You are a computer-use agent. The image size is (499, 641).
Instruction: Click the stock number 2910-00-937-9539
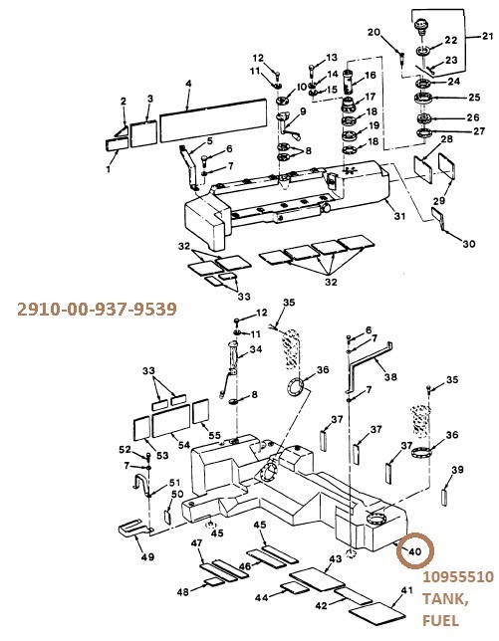pos(97,309)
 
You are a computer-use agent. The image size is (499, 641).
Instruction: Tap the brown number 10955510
pos(458,577)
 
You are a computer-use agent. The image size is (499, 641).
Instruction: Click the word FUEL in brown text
pos(440,620)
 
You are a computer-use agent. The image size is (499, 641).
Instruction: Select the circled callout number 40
pos(414,551)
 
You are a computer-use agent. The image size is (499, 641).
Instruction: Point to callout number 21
pos(488,37)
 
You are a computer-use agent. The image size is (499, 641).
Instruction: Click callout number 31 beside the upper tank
pos(399,215)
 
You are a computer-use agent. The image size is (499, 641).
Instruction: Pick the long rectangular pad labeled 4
pos(213,120)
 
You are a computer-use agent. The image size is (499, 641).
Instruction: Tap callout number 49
pos(147,556)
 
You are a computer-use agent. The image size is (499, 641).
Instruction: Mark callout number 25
pos(474,98)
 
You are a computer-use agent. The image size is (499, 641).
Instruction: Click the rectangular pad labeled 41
pos(376,613)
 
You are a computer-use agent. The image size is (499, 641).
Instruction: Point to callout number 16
pos(370,76)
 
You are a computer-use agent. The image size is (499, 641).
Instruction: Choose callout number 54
pos(184,444)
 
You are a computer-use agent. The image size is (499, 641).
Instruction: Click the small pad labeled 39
pos(444,497)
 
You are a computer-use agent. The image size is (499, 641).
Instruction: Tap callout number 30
pos(469,244)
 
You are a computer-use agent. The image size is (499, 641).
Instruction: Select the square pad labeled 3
pos(143,133)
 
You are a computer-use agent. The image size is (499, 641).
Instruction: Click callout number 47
pos(197,542)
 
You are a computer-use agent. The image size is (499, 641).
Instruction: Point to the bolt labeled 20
pos(401,57)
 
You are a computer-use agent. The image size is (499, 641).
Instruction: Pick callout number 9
pos(303,111)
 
